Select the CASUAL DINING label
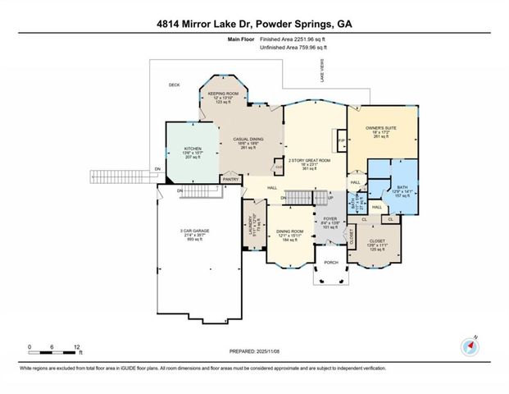click(x=247, y=139)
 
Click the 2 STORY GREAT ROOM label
click(x=309, y=160)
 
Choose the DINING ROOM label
click(x=289, y=231)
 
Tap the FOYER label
click(x=330, y=219)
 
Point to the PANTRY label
click(x=231, y=178)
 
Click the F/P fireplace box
click(x=340, y=140)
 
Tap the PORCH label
click(x=331, y=263)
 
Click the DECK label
click(x=174, y=85)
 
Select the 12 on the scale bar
click(x=76, y=346)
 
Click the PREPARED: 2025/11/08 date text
click(x=254, y=352)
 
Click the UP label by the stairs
click(x=330, y=198)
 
